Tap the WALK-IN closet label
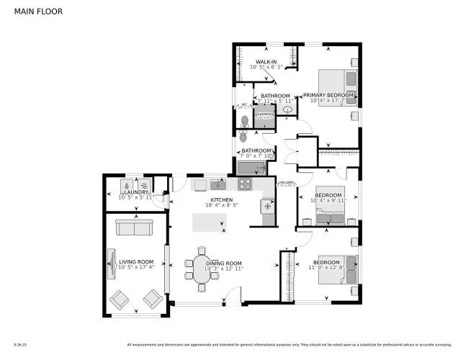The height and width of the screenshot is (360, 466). click(264, 62)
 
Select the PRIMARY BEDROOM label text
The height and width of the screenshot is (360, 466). click(328, 95)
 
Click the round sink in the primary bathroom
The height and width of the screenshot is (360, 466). click(287, 110)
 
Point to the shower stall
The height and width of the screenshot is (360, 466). click(265, 117)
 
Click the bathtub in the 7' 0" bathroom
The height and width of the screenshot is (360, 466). click(251, 168)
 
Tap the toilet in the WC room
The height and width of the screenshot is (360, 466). click(245, 120)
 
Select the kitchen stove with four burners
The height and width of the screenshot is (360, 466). click(245, 184)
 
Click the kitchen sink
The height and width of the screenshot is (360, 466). click(218, 185)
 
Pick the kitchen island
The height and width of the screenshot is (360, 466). click(209, 223)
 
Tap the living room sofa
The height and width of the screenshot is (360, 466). click(135, 229)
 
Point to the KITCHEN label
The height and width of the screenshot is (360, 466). click(221, 199)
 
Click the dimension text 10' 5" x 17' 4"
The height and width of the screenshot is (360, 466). click(136, 268)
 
